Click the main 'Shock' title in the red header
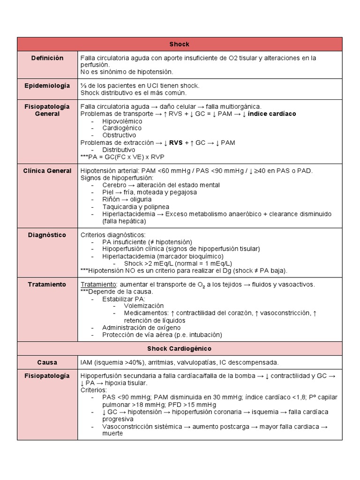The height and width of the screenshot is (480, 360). (x=180, y=44)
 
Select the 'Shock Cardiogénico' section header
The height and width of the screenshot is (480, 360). (x=180, y=349)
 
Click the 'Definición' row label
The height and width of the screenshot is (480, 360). (x=47, y=58)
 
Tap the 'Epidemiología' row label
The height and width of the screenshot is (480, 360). (x=47, y=85)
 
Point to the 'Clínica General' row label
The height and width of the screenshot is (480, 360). (x=47, y=171)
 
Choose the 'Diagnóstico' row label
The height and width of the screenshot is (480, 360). (x=47, y=235)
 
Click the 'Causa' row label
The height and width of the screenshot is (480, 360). (x=47, y=362)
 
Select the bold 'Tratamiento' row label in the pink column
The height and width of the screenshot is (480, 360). (x=47, y=285)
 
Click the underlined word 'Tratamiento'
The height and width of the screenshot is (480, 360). (x=98, y=285)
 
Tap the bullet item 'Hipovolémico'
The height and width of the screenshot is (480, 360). (x=122, y=121)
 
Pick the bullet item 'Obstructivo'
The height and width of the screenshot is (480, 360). (x=119, y=135)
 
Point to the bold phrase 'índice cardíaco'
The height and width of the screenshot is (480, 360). (x=272, y=114)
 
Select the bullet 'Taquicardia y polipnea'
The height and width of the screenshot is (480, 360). (x=136, y=207)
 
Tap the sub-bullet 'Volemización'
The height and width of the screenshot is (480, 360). (x=144, y=306)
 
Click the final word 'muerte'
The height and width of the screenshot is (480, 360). (x=112, y=434)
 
